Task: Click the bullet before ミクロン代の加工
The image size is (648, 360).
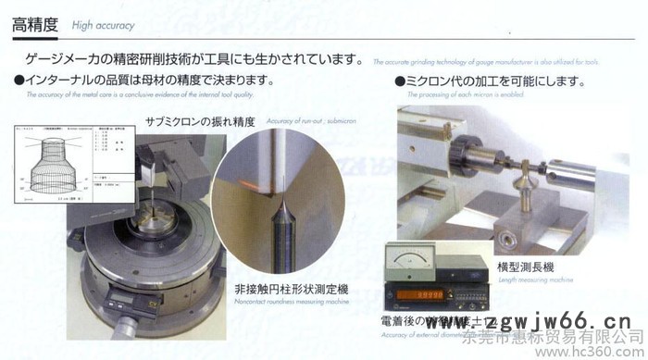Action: pos(400,81)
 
